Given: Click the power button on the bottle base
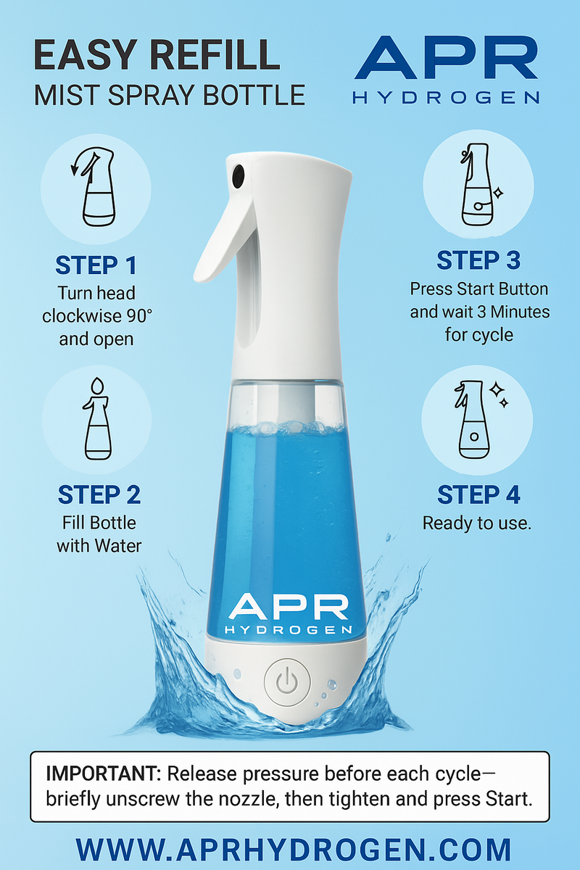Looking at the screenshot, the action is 287,682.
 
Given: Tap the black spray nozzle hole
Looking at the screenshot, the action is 238,175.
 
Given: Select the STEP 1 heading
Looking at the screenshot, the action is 96,265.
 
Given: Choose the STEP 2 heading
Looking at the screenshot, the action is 99,494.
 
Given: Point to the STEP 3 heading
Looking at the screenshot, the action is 478,260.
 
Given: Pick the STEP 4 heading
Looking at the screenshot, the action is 478,494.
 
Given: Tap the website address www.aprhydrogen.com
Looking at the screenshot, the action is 294,850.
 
